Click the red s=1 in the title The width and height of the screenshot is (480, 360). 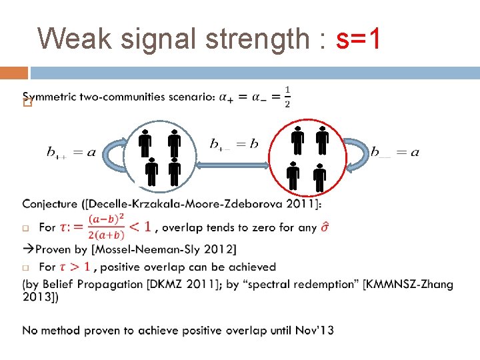click(x=359, y=39)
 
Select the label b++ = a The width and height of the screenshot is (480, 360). click(x=71, y=153)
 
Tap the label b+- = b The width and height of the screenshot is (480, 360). click(x=233, y=144)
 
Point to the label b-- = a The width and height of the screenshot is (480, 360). click(x=395, y=153)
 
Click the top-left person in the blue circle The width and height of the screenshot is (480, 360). click(x=145, y=142)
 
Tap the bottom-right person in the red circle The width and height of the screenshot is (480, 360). click(x=319, y=177)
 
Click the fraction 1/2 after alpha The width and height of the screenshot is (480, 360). click(x=287, y=97)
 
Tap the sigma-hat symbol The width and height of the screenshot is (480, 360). click(x=324, y=227)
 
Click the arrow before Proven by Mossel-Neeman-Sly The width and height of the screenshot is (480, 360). click(x=27, y=249)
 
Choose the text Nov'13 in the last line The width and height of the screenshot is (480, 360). click(x=316, y=330)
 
